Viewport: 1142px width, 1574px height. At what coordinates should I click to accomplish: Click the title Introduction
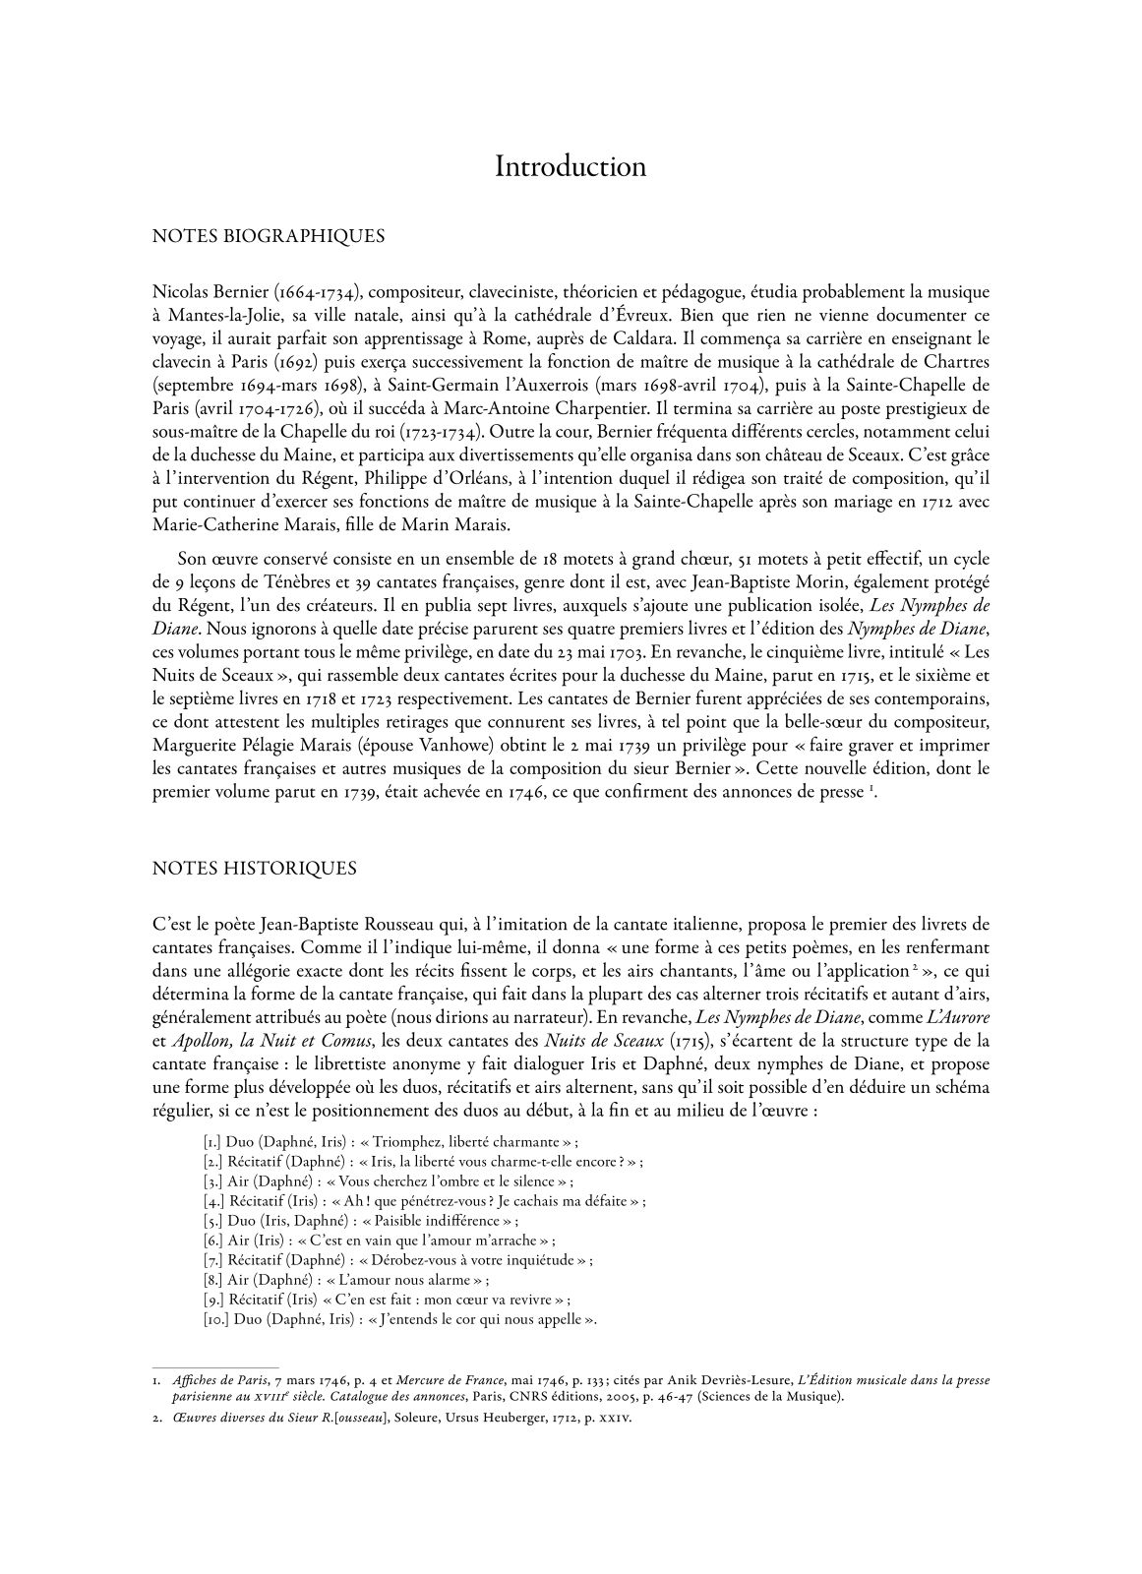click(571, 166)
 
